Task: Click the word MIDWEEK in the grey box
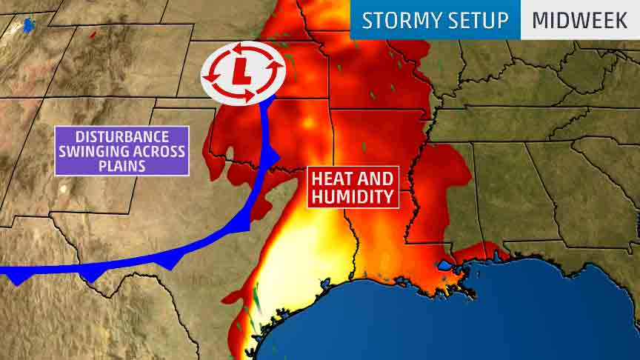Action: pyautogui.click(x=580, y=19)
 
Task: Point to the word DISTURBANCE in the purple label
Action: pyautogui.click(x=122, y=136)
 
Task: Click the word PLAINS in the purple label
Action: pyautogui.click(x=122, y=166)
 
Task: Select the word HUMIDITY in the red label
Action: pyautogui.click(x=352, y=196)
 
